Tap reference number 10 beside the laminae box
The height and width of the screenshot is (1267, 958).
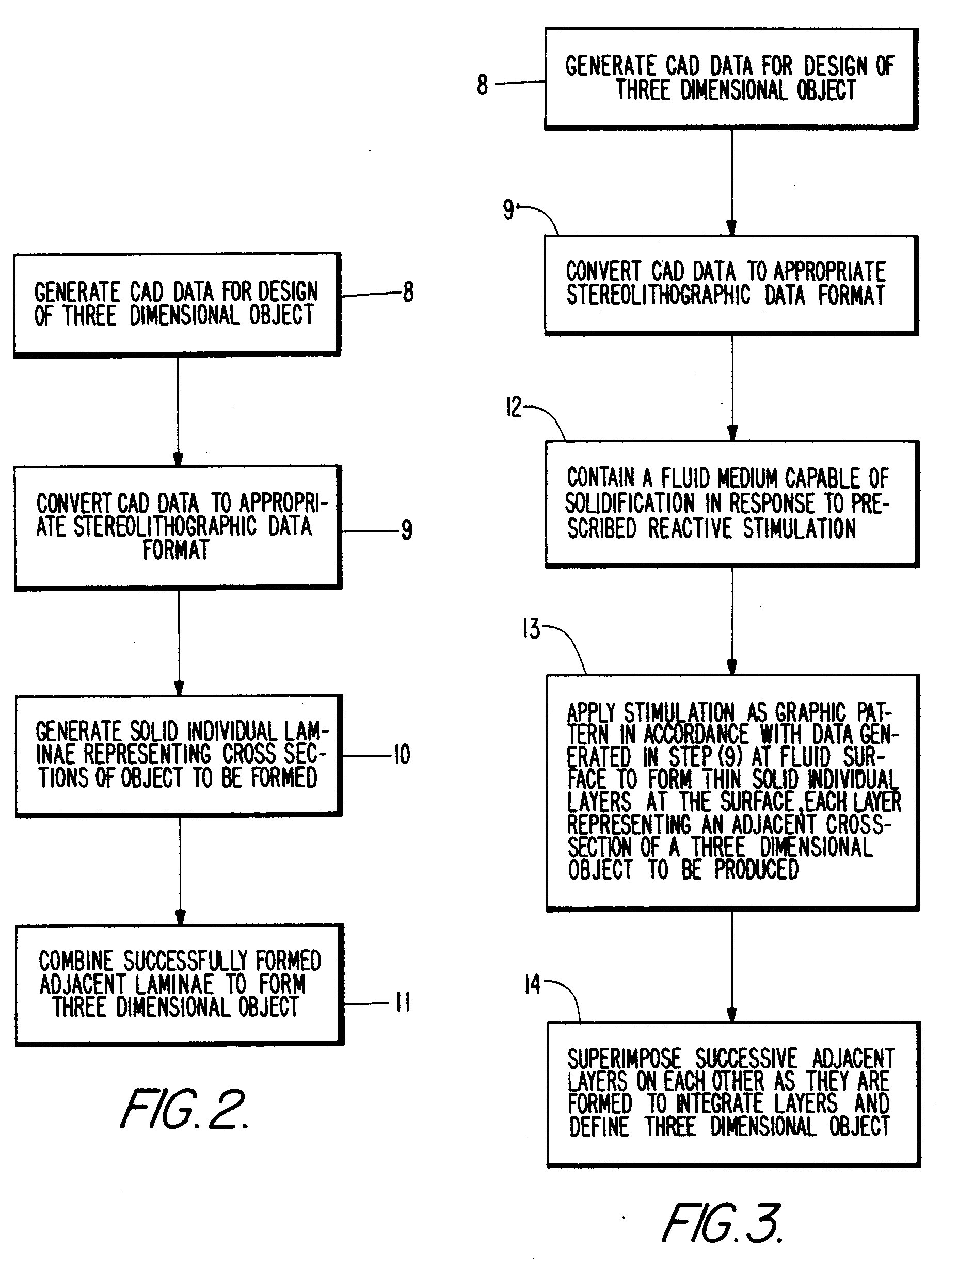click(x=402, y=754)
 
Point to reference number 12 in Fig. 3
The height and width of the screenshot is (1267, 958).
click(x=514, y=407)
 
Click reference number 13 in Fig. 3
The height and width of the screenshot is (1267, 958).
click(x=531, y=628)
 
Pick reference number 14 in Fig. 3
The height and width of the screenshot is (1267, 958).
click(x=533, y=985)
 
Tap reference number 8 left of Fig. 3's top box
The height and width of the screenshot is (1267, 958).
click(x=483, y=85)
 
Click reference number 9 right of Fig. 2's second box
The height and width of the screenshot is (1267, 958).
click(x=407, y=530)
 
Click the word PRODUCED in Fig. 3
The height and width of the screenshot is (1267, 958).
click(x=756, y=869)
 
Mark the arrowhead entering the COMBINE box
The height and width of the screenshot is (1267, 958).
click(x=180, y=918)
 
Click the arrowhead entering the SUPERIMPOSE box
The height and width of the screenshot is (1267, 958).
click(x=732, y=1014)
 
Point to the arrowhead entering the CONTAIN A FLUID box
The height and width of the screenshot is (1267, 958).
click(x=732, y=432)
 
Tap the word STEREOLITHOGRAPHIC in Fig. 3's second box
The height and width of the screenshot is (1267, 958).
click(x=658, y=296)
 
